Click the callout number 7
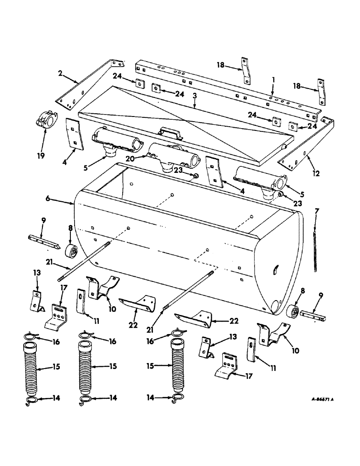pos(317,212)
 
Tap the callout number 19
pos(42,155)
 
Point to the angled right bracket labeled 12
pos(305,144)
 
